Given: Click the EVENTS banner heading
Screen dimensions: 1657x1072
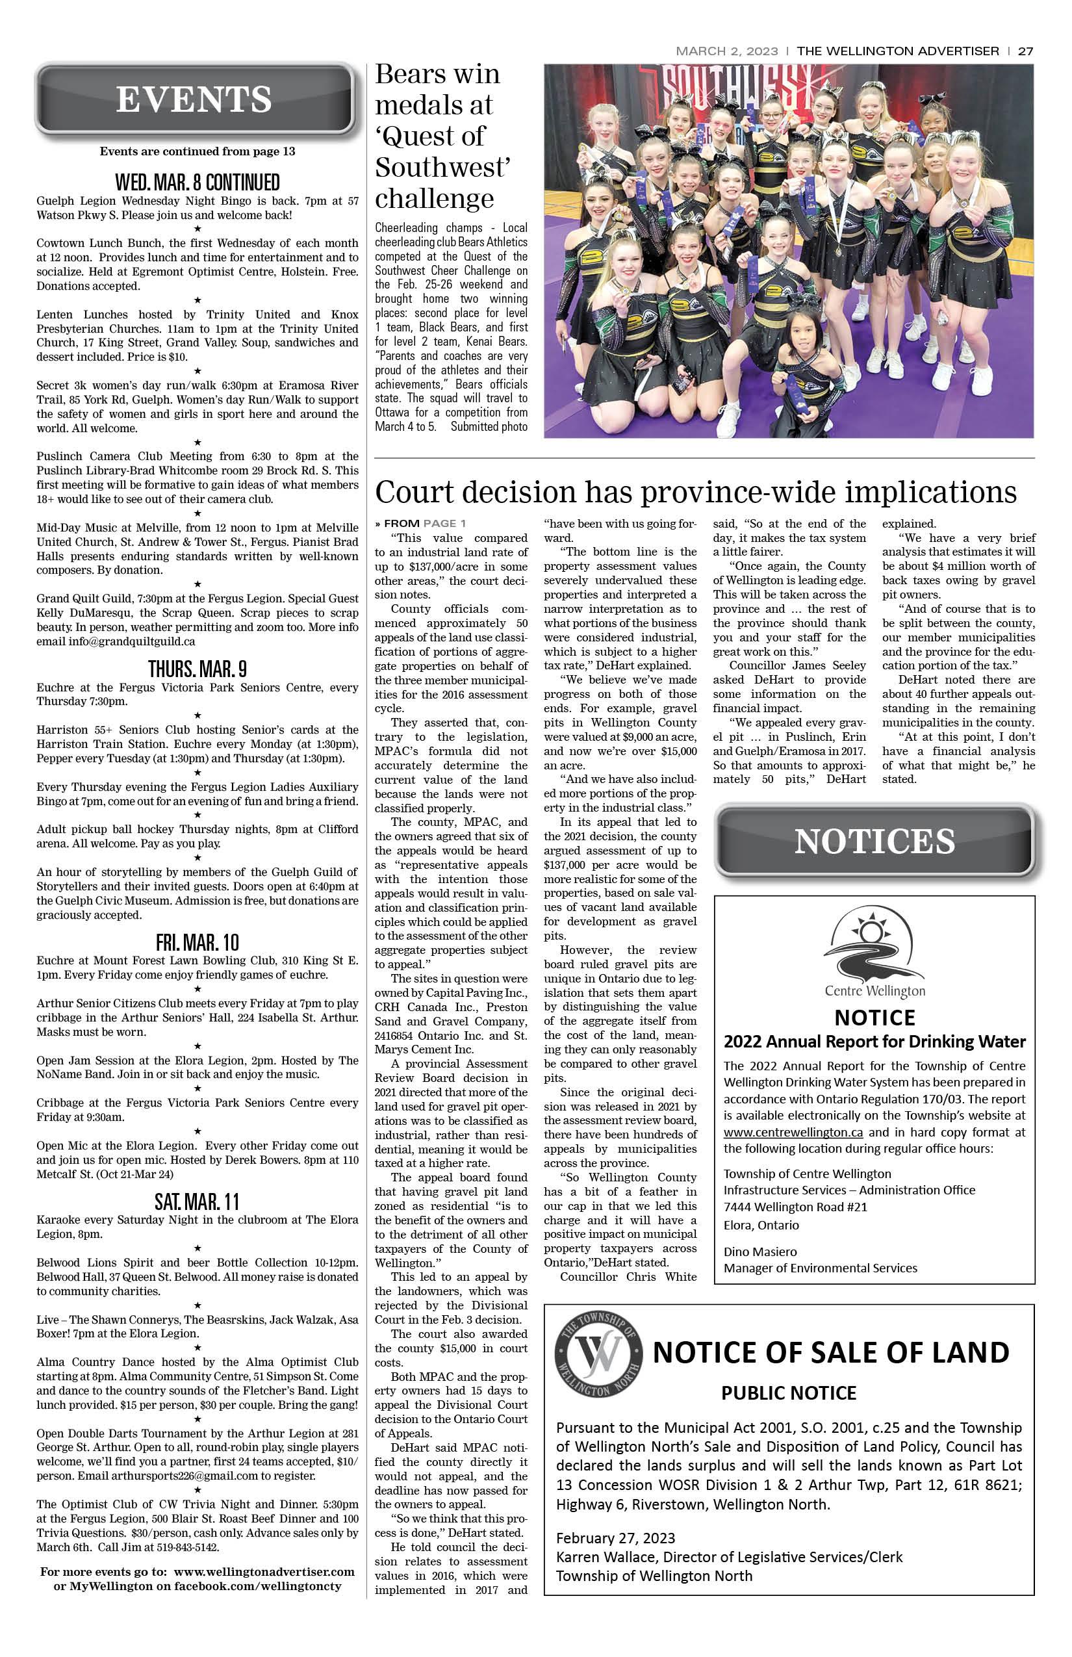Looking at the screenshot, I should pos(194,99).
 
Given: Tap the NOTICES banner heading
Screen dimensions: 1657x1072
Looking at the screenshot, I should pos(874,841).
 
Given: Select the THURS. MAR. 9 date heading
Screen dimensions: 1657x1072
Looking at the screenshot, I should pos(197,669).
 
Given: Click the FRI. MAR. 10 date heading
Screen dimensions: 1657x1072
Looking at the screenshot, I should pos(197,942).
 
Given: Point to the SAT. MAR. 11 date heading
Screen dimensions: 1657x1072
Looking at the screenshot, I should pos(197,1201).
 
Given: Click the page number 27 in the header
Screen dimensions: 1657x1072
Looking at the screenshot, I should pos(1025,51).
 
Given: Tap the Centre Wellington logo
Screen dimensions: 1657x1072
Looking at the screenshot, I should pos(874,954).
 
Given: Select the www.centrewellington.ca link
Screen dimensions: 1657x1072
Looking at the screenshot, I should pos(793,1132).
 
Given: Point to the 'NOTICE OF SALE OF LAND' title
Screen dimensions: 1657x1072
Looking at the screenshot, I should pos(830,1352).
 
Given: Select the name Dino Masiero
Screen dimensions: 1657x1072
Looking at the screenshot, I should pos(760,1251).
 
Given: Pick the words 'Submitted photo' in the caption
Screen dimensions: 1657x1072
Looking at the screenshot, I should pos(489,427).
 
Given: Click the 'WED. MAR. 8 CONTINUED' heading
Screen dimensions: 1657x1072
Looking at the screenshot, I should pos(197,183).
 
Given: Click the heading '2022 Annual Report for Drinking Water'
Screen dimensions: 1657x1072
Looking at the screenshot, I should pos(874,1042).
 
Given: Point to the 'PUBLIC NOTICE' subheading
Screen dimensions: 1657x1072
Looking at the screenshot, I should pos(788,1393).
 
